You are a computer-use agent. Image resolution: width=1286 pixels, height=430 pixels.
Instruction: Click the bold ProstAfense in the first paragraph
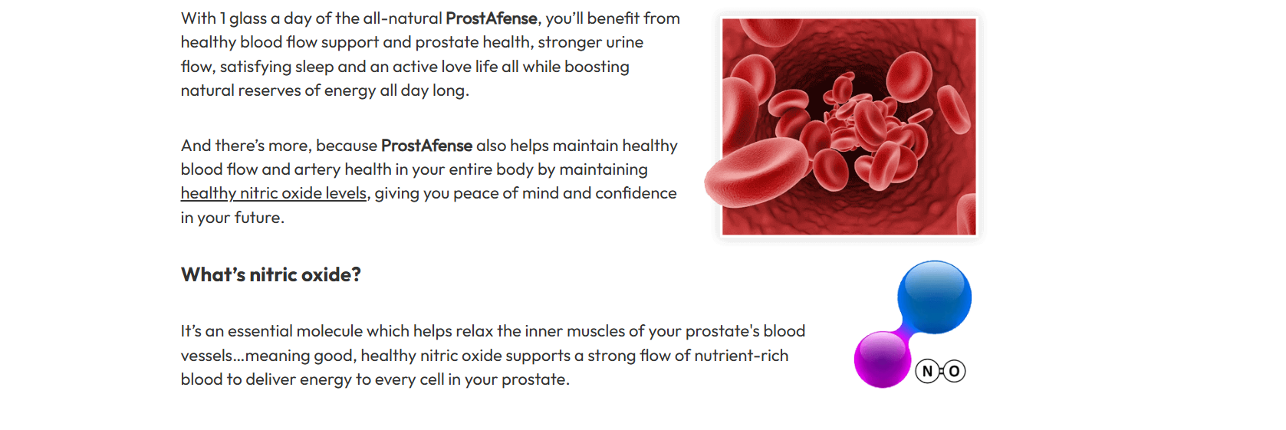click(492, 18)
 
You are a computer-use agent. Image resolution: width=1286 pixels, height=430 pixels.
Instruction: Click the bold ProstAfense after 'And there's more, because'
click(426, 145)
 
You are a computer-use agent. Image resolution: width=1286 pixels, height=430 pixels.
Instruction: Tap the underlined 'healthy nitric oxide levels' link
click(273, 193)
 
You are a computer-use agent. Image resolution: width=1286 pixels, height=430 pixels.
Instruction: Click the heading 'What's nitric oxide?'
click(271, 274)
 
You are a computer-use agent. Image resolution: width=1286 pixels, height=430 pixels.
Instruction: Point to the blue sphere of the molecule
click(934, 297)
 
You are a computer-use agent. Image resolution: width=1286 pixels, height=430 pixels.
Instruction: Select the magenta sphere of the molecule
click(883, 359)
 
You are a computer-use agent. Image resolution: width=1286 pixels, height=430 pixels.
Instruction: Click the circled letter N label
click(927, 372)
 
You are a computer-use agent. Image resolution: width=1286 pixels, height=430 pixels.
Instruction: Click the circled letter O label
click(954, 372)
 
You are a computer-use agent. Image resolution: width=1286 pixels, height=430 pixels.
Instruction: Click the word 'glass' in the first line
click(248, 19)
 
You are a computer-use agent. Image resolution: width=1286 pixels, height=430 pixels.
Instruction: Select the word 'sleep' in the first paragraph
click(314, 67)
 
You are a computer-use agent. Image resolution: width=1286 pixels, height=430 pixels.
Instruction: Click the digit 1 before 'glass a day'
click(222, 19)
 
